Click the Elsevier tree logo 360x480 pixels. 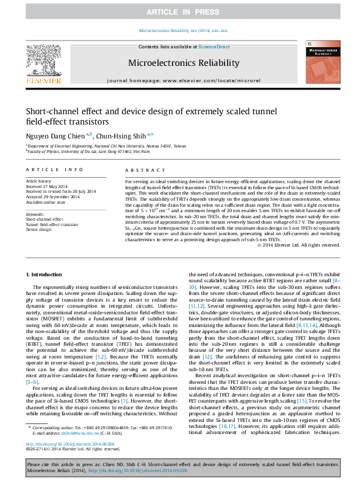(42, 59)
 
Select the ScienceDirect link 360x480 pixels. (214, 47)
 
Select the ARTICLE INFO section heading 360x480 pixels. (54, 170)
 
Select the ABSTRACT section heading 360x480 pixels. (140, 170)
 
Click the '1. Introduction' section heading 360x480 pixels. (46, 274)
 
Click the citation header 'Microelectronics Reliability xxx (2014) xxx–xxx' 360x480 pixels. (183, 30)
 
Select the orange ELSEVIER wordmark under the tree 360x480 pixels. (42, 80)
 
